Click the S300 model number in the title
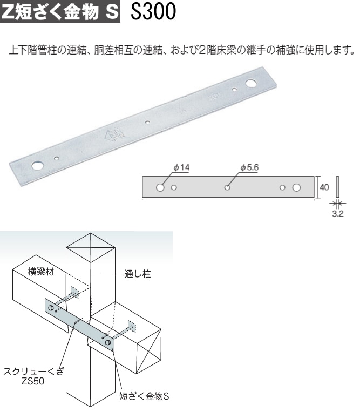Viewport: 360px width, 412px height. [153, 11]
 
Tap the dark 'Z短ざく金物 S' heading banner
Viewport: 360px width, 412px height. [60, 11]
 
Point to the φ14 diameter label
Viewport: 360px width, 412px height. [181, 167]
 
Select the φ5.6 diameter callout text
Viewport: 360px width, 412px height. [249, 167]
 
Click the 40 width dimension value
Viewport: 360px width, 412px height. [324, 187]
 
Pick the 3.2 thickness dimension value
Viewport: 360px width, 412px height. [338, 214]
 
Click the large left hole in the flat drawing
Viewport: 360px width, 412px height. [160, 187]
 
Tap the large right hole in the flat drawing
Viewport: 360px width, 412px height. [296, 187]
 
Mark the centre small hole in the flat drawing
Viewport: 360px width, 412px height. [227, 187]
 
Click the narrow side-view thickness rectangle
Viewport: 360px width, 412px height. [338, 187]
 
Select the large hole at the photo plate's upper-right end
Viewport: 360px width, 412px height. [252, 83]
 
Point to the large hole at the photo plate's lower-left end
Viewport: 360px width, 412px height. [38, 166]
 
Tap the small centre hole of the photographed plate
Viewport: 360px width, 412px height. [147, 122]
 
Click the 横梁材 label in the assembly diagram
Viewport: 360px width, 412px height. [40, 272]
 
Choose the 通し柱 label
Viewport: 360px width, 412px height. [138, 274]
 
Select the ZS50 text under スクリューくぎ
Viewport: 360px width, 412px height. [33, 381]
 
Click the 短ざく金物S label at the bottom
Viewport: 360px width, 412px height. [144, 396]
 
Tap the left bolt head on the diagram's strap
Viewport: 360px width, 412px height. [51, 308]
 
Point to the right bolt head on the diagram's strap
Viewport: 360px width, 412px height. [107, 342]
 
